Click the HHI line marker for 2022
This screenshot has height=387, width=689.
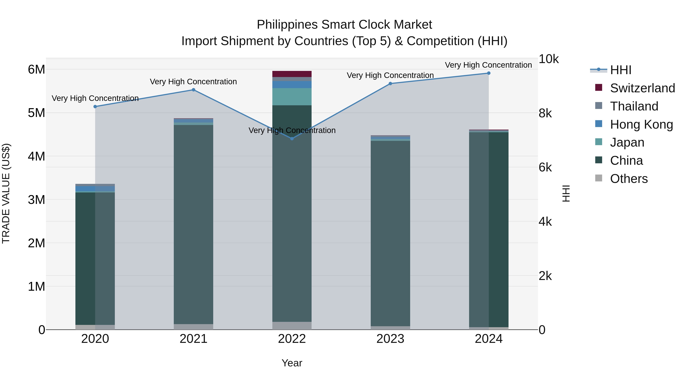pos(292,138)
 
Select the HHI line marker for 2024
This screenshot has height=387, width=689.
pos(488,73)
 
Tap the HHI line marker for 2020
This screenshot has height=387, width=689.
pos(95,107)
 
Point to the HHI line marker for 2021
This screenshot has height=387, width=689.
pos(193,90)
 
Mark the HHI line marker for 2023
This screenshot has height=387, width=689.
pos(390,84)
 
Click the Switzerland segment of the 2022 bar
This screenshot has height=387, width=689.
pos(292,74)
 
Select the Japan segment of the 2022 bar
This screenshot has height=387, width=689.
pos(292,97)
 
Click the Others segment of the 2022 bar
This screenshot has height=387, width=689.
pos(292,326)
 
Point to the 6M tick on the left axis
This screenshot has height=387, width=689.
pos(36,69)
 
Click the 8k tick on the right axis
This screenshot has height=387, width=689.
pos(545,113)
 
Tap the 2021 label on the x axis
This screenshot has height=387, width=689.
pos(193,339)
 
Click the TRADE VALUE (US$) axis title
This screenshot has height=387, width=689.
pos(6,193)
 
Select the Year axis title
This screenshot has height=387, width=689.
pos(292,363)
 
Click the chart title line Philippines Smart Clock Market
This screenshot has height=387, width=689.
pos(344,25)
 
